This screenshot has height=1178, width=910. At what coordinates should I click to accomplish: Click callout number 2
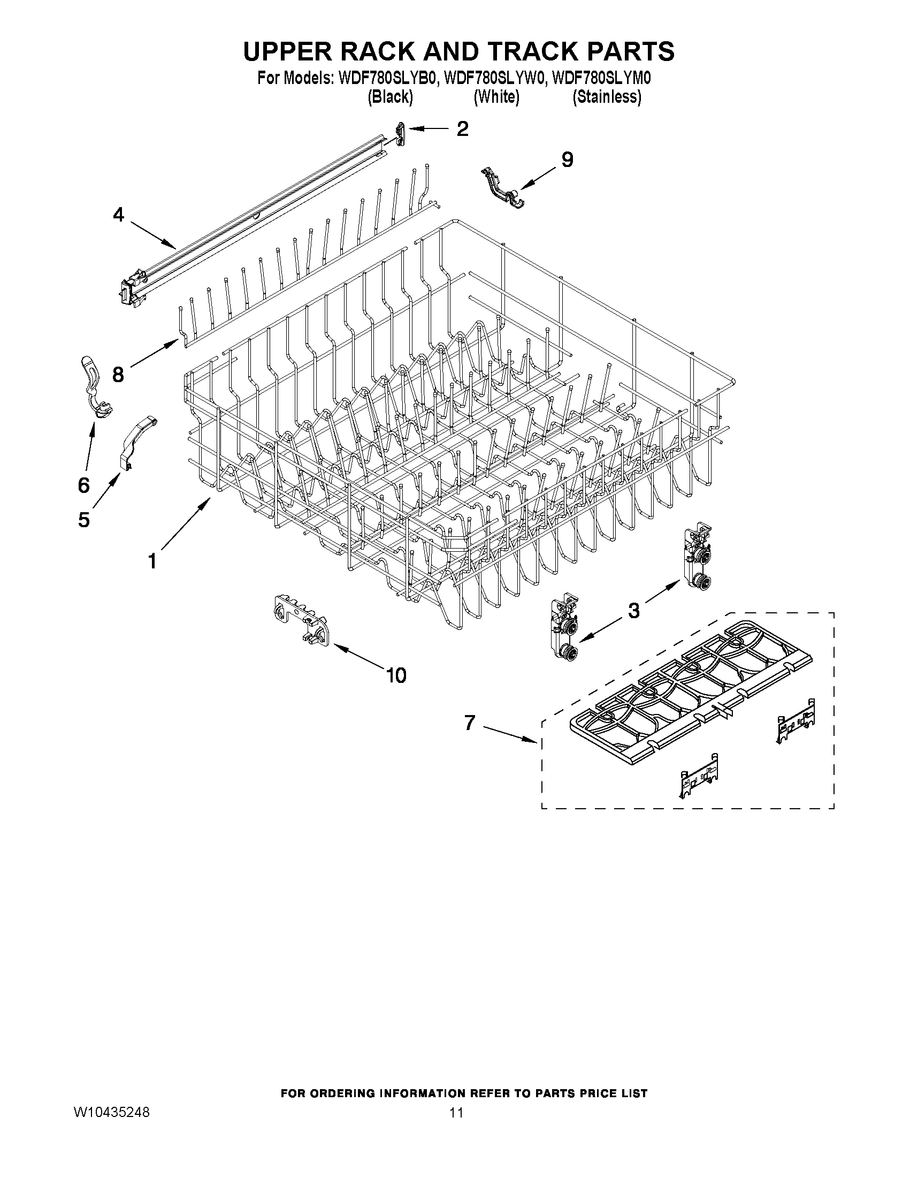coord(462,128)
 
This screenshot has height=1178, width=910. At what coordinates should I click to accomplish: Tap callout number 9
coord(567,159)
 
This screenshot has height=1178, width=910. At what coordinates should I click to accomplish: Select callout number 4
coord(119,215)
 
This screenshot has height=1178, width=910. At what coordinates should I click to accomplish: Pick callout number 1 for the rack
coord(152,561)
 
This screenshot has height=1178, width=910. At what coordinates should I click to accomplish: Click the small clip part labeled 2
coord(400,134)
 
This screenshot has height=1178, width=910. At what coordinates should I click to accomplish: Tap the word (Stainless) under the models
coord(607,97)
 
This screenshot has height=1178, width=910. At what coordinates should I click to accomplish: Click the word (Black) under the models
coord(391,97)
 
